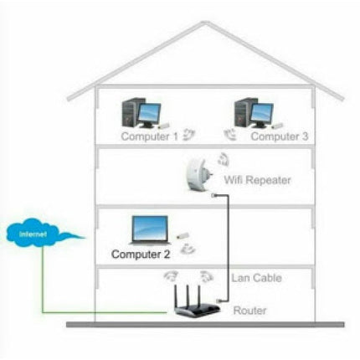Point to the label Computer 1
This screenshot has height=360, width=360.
tap(148, 134)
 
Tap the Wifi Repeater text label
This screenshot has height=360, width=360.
tap(257, 180)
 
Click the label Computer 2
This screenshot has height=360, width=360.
tap(141, 253)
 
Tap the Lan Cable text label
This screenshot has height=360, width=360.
tap(256, 278)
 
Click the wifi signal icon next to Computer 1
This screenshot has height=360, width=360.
tap(192, 132)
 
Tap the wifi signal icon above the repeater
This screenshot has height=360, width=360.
tap(224, 159)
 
